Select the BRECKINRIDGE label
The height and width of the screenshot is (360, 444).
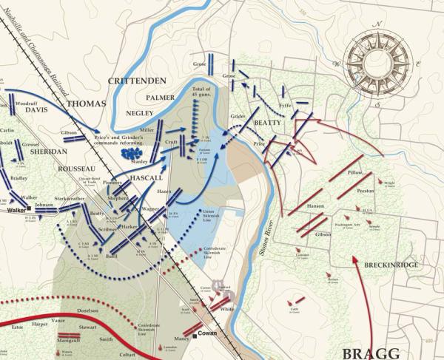[x=392, y=263]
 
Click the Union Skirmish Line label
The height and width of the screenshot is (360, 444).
[x=212, y=215]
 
